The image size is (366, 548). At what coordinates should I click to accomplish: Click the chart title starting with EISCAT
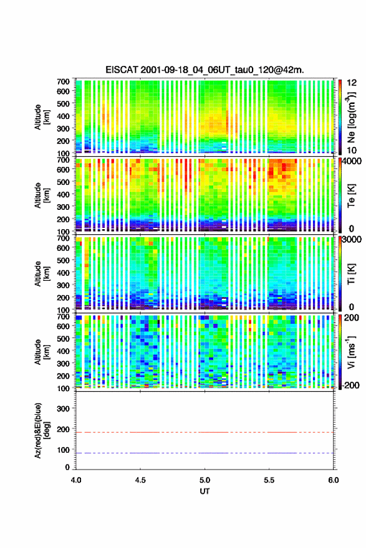pyautogui.click(x=205, y=70)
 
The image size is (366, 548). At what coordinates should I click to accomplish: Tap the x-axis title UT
pyautogui.click(x=205, y=491)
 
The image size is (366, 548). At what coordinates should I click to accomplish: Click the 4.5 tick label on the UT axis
pyautogui.click(x=140, y=480)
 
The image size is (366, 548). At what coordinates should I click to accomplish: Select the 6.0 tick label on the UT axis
pyautogui.click(x=334, y=480)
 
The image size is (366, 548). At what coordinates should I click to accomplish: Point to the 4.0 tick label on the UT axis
pyautogui.click(x=76, y=480)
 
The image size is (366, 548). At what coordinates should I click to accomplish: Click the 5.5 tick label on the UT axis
pyautogui.click(x=269, y=480)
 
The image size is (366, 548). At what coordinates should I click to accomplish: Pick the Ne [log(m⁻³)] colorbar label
pyautogui.click(x=351, y=117)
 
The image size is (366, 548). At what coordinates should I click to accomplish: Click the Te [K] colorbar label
pyautogui.click(x=351, y=196)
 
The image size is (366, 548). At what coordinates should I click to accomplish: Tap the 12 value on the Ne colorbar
pyautogui.click(x=352, y=83)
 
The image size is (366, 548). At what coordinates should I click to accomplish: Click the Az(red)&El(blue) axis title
pyautogui.click(x=42, y=430)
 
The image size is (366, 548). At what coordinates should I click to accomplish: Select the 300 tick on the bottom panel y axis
pyautogui.click(x=63, y=409)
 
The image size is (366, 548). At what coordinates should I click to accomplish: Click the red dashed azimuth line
pyautogui.click(x=205, y=432)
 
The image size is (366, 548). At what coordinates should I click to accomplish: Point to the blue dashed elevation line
pyautogui.click(x=205, y=453)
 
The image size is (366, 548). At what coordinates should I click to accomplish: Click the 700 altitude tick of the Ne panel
pyautogui.click(x=63, y=82)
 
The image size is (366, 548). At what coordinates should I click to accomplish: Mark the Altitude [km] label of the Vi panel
pyautogui.click(x=42, y=352)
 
